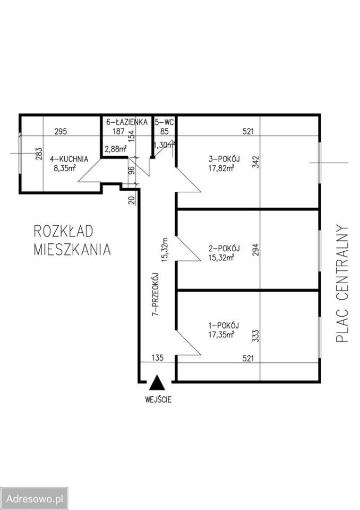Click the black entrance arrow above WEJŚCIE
[156, 384]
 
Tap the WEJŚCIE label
[157, 399]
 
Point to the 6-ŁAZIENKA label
[126, 122]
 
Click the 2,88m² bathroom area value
[115, 149]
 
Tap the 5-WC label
[164, 122]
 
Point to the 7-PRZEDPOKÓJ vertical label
[156, 295]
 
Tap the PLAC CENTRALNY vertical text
[343, 284]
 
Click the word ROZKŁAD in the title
[63, 231]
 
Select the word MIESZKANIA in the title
[72, 249]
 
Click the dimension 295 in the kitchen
[61, 132]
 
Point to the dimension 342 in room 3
[255, 161]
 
